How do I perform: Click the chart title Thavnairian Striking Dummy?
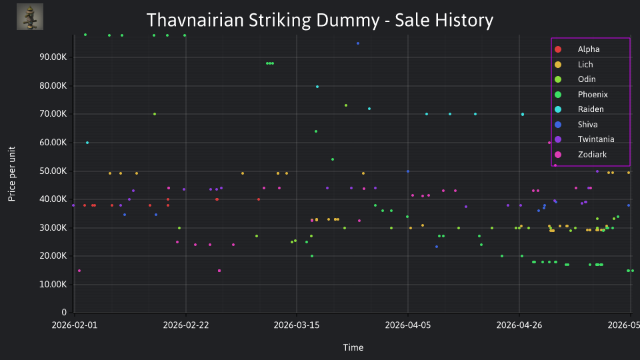point(263,20)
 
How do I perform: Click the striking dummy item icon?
point(30,17)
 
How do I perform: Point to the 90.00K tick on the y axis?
point(53,57)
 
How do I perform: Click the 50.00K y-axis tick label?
point(53,171)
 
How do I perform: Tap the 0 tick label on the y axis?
point(64,312)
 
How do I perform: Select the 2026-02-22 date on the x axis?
point(186,325)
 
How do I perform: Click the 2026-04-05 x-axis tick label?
point(408,325)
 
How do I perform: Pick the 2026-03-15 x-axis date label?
point(296,325)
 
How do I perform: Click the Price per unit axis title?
point(11,174)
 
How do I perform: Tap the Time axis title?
point(353,347)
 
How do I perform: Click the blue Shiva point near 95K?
point(358,43)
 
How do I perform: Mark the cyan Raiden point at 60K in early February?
point(87,143)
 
